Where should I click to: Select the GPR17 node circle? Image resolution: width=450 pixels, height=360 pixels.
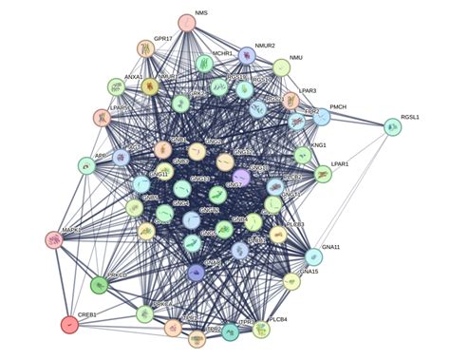click(145, 48)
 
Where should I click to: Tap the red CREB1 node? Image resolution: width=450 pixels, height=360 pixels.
click(68, 325)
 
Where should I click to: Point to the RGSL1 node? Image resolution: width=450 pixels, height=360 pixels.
click(392, 126)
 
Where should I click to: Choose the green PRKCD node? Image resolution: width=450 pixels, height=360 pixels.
click(99, 283)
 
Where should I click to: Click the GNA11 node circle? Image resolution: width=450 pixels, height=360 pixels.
click(314, 256)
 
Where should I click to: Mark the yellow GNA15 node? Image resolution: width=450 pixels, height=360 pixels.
click(293, 281)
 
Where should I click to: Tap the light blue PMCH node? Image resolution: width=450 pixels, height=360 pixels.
click(322, 118)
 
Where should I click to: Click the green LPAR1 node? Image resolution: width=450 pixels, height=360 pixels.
click(323, 174)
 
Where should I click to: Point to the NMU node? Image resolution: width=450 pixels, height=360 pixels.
click(282, 67)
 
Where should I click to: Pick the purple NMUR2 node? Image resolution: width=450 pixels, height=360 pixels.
click(247, 55)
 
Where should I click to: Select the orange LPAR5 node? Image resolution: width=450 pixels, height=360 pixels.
click(102, 118)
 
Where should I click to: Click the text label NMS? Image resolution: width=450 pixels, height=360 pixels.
click(201, 14)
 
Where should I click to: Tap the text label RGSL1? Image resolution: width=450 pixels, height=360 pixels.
click(410, 117)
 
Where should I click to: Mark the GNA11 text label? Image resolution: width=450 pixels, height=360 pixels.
click(331, 247)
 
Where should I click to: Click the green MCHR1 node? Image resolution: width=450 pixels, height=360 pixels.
click(205, 64)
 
